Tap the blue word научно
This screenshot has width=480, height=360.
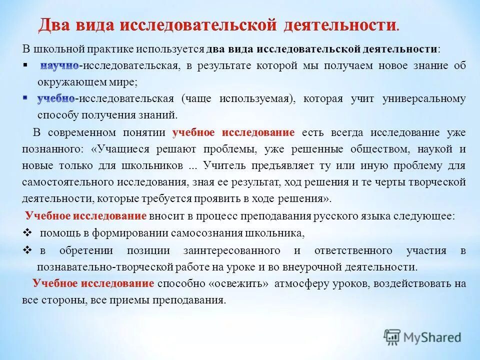pyautogui.click(x=59, y=66)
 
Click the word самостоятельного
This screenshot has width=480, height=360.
pyautogui.click(x=69, y=182)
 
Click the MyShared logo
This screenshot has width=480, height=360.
pyautogui.click(x=422, y=336)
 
